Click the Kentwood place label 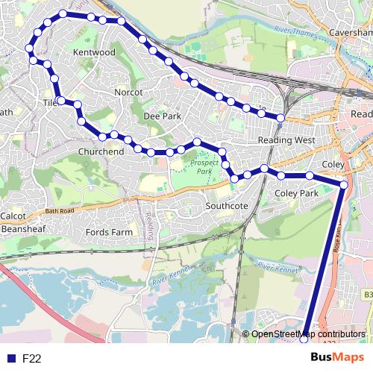95,53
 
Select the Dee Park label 162,117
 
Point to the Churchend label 101,151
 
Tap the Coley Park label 297,193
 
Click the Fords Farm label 109,232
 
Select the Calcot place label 13,216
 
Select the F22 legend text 32,359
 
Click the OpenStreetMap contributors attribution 308,333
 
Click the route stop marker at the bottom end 304,341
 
